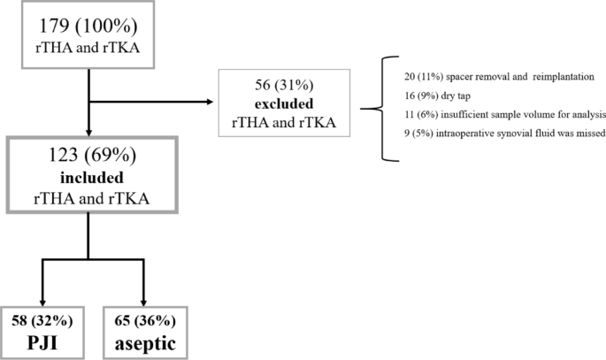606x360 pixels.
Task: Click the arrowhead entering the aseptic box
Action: [x=142, y=297]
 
